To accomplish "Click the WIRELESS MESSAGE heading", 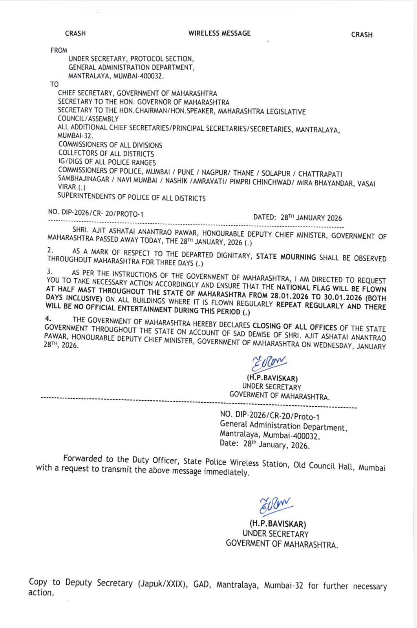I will (x=219, y=33).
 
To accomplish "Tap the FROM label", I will (x=59, y=50).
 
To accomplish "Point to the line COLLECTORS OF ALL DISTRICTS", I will (x=106, y=153).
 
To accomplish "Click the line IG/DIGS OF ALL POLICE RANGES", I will (x=107, y=162).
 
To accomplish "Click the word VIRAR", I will (x=67, y=187).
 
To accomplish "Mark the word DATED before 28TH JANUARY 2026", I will (x=265, y=217).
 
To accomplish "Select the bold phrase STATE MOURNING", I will (x=286, y=257).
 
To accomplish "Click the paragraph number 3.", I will (x=49, y=271).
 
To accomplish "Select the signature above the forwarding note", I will (x=270, y=363).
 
